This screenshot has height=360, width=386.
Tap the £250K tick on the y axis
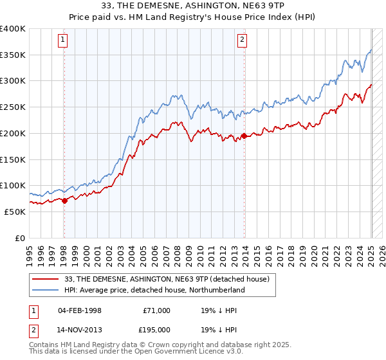13,107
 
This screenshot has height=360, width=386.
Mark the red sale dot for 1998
64,201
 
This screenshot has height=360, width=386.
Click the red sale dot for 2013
244,136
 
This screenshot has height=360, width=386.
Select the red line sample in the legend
46,279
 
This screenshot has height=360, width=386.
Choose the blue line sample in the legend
46,290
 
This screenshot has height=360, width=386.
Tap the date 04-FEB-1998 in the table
80,310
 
